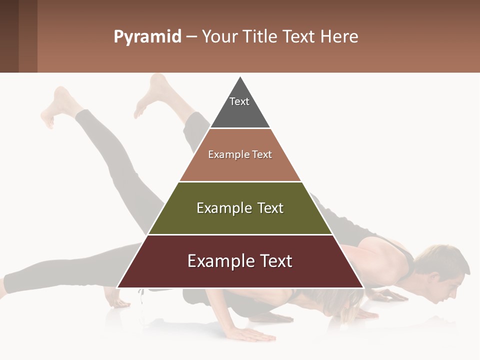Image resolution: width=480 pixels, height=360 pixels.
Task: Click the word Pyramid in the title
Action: pos(147,37)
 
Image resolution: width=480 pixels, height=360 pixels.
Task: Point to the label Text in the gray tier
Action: pos(239,101)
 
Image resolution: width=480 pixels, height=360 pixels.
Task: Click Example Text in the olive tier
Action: pos(240,208)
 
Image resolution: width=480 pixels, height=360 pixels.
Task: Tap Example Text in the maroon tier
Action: pos(240,261)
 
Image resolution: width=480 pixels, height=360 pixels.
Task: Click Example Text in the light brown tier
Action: pos(240,154)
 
